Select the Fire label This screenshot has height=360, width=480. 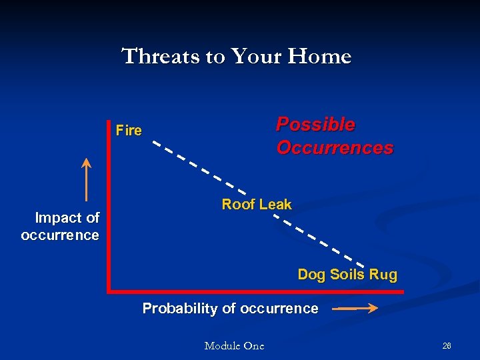pyautogui.click(x=129, y=131)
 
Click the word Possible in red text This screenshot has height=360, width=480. pyautogui.click(x=315, y=125)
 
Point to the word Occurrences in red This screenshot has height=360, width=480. pyautogui.click(x=335, y=147)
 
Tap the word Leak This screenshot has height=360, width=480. pyautogui.click(x=275, y=205)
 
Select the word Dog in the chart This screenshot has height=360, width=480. pyautogui.click(x=311, y=275)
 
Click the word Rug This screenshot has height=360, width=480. pyautogui.click(x=383, y=275)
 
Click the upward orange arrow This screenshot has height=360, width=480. pyautogui.click(x=86, y=179)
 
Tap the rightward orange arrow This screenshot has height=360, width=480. pyautogui.click(x=355, y=309)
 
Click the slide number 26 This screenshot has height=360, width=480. pyautogui.click(x=447, y=346)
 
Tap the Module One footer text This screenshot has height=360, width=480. pyautogui.click(x=234, y=346)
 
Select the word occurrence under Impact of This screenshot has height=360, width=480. pyautogui.click(x=60, y=235)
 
